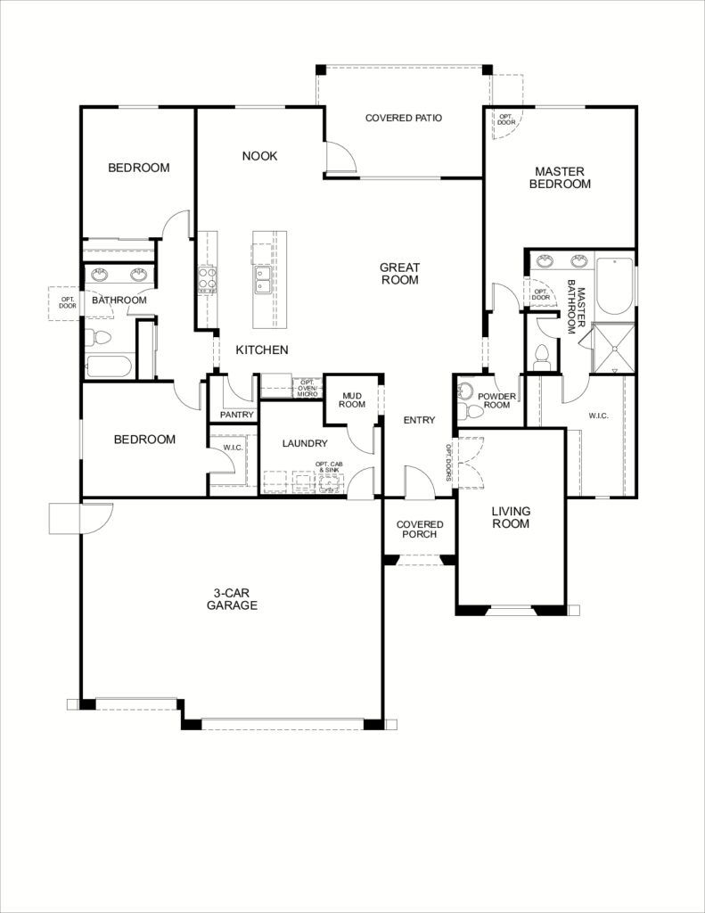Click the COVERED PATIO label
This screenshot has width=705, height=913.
[404, 118]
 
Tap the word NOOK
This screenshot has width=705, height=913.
[259, 156]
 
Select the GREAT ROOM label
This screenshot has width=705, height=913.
[399, 274]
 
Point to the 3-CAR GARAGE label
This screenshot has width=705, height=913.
[232, 599]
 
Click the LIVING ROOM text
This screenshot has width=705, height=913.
[511, 517]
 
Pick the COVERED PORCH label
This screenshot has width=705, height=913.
[419, 530]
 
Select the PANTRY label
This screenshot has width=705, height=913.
[236, 415]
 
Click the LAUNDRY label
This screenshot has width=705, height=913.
[305, 443]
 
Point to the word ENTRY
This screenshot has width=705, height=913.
[419, 420]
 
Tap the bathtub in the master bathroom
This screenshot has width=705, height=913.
[614, 285]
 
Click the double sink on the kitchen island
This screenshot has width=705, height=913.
[263, 280]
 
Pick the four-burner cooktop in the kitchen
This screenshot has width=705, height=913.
[207, 280]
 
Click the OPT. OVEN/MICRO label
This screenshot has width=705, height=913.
[308, 387]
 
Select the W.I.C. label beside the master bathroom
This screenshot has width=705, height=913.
[598, 415]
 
